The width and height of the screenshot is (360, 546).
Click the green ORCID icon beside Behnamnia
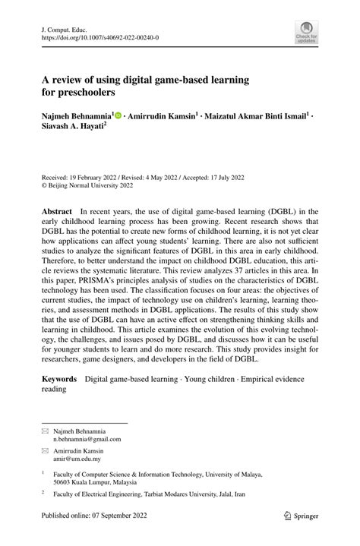tap(118, 118)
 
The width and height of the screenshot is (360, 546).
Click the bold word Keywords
tap(59, 378)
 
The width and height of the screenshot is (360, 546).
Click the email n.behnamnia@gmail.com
tap(87, 439)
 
